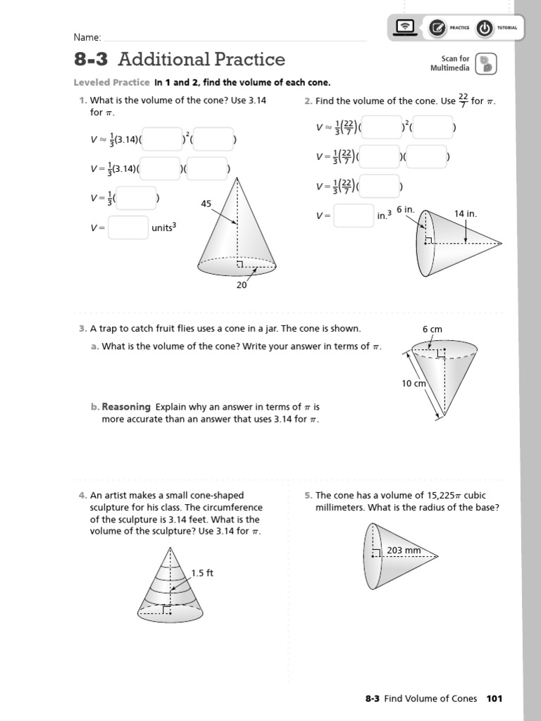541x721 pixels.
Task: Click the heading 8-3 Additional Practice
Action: (x=180, y=59)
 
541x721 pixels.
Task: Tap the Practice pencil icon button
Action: (x=437, y=28)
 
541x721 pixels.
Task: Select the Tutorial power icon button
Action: (x=485, y=28)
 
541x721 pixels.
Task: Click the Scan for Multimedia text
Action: (x=450, y=63)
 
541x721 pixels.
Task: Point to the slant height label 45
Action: (x=206, y=203)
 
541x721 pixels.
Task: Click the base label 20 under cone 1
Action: (x=242, y=285)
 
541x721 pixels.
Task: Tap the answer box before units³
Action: (x=128, y=227)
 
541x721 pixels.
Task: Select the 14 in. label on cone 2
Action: (x=466, y=213)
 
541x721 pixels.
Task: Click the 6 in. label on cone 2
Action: (x=406, y=210)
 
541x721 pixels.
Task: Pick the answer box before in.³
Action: (x=354, y=216)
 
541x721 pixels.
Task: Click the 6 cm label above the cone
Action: (x=432, y=329)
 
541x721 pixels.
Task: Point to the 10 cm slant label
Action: (x=414, y=384)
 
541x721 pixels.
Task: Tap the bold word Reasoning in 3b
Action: (x=126, y=407)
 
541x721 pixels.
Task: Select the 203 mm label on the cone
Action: (x=404, y=551)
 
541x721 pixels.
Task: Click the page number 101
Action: (x=494, y=698)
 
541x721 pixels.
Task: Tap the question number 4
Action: (x=82, y=496)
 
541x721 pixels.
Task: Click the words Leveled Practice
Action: (x=111, y=82)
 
